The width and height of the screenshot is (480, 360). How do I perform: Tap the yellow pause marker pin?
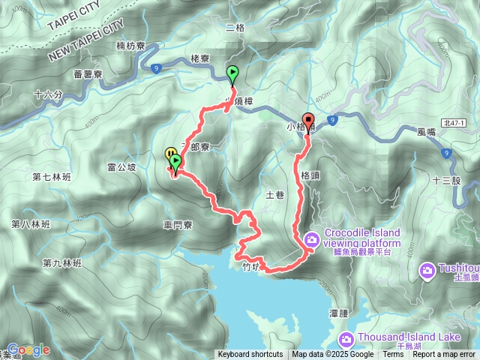tap(169, 154)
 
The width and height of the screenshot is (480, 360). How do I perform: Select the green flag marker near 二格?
tap(232, 74)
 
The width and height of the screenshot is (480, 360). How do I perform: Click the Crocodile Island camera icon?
tap(312, 239)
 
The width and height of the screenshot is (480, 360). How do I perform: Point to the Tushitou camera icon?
tap(427, 268)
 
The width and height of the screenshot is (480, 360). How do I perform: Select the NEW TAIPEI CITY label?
tap(85, 43)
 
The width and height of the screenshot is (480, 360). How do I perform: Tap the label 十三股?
tap(446, 181)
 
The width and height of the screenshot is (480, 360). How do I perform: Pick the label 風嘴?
tap(426, 131)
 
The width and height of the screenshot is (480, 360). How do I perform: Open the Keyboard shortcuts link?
tap(250, 355)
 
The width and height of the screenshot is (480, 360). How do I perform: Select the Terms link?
tap(393, 355)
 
